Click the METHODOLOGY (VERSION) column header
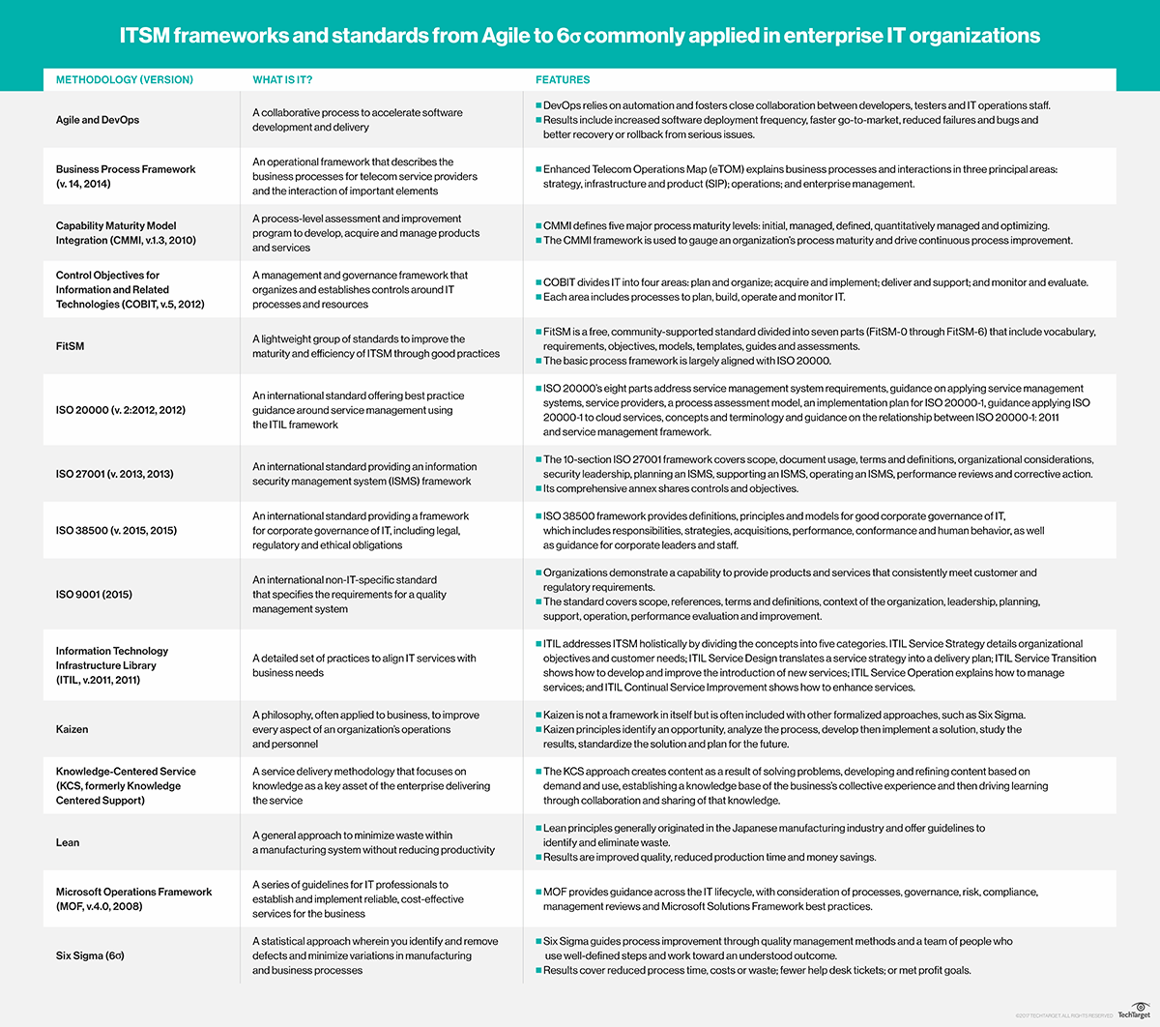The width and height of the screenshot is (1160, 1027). click(x=125, y=79)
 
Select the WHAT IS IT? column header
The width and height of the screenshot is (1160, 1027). click(x=282, y=79)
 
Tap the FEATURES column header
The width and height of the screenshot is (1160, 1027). click(x=563, y=79)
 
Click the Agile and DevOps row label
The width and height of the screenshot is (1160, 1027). click(x=98, y=120)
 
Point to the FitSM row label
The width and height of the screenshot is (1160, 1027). click(x=70, y=346)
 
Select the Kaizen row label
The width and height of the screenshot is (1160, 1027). click(x=72, y=729)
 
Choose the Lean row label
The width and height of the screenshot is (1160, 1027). click(x=68, y=842)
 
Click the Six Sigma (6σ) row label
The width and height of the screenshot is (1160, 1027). click(x=90, y=955)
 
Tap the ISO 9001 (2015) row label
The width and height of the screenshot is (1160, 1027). click(x=94, y=594)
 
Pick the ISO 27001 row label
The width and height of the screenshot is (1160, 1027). click(x=115, y=474)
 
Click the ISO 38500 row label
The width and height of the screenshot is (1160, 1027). click(x=116, y=530)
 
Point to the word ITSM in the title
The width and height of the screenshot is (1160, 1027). click(x=144, y=36)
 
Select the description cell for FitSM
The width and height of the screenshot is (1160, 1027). click(x=376, y=346)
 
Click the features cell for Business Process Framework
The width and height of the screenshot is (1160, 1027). click(x=799, y=176)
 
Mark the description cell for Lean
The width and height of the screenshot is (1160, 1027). click(x=373, y=842)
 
